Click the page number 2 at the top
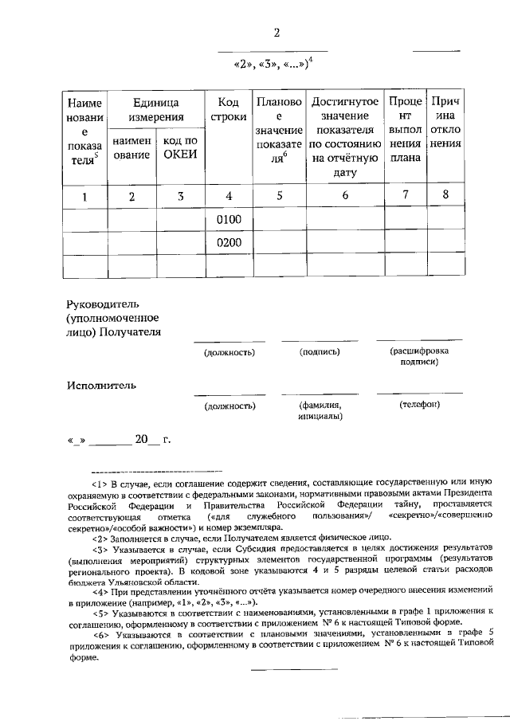pos(277,33)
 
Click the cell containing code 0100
pos(229,220)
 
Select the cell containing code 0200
pos(229,243)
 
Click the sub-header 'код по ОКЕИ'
pos(180,147)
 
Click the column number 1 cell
pos(84,196)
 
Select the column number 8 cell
pos(445,195)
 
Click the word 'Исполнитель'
pos(101,385)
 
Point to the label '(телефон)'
pos(419,406)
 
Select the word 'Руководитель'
pos(104,304)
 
